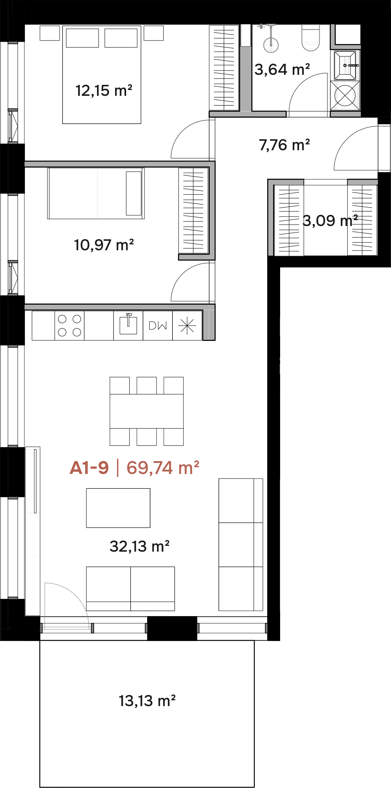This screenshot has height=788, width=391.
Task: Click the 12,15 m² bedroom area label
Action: [x=104, y=91]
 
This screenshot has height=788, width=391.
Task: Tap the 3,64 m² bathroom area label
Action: [x=282, y=70]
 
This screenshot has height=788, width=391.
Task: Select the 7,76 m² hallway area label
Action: [x=284, y=145]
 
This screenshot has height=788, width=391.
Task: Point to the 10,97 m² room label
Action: [x=104, y=245]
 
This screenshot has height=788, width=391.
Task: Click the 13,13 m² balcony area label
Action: [x=147, y=701]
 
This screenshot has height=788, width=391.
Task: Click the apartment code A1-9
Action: [x=89, y=468]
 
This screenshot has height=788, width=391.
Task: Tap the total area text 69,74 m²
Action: [x=163, y=468]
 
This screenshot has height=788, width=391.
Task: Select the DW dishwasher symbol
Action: [x=158, y=325]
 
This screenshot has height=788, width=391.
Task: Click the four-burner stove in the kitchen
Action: [x=69, y=325]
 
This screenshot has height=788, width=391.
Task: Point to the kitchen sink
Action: [x=128, y=324]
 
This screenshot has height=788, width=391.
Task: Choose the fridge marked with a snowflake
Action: [x=187, y=325]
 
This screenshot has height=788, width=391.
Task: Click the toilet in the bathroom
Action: [x=311, y=38]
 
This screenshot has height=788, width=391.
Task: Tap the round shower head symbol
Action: [x=271, y=45]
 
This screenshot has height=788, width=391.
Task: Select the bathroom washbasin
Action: [x=345, y=65]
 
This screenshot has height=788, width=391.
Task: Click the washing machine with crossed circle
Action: [x=345, y=96]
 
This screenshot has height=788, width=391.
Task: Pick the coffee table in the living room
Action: [x=118, y=508]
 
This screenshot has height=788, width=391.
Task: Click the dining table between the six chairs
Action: [x=147, y=411]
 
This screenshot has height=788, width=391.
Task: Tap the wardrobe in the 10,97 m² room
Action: [x=193, y=210]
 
